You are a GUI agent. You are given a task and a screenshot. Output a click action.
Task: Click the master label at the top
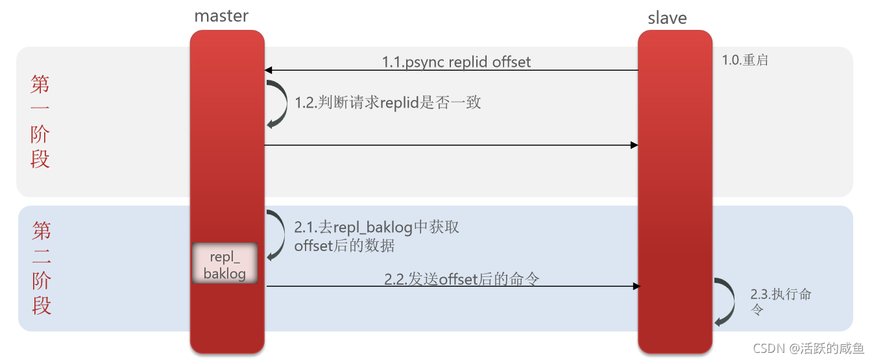pos(221,16)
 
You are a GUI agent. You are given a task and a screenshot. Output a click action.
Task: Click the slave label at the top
pos(667,18)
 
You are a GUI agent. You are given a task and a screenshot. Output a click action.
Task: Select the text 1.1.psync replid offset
pos(456,62)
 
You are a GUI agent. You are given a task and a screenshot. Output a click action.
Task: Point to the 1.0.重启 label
pos(746,60)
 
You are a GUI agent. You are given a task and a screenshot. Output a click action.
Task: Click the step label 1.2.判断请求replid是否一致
pos(388,102)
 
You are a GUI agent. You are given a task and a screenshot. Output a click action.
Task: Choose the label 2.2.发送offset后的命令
pos(462,279)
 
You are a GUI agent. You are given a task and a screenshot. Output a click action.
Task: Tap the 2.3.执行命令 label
pos(781,300)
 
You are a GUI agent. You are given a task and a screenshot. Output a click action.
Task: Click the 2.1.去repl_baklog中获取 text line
pos(377,227)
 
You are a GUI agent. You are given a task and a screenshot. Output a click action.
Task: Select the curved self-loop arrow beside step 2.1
pos(278,235)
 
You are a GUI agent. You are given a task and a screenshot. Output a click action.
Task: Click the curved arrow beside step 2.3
pos(725,302)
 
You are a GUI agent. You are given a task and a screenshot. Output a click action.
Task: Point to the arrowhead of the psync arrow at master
pos(268,70)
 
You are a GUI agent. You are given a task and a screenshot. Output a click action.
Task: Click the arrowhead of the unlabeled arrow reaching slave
pos(634,145)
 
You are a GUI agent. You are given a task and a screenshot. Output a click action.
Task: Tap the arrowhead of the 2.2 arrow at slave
pos(637,286)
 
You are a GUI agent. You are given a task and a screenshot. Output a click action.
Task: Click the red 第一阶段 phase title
pos(40,121)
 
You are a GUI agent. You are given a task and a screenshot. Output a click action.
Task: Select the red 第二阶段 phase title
pos(42,268)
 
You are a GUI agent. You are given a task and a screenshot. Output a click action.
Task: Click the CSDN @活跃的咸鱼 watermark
pos(808,348)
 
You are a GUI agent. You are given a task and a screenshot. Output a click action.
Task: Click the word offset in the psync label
pos(511,62)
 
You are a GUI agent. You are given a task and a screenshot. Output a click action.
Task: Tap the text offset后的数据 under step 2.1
pos(344,246)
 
